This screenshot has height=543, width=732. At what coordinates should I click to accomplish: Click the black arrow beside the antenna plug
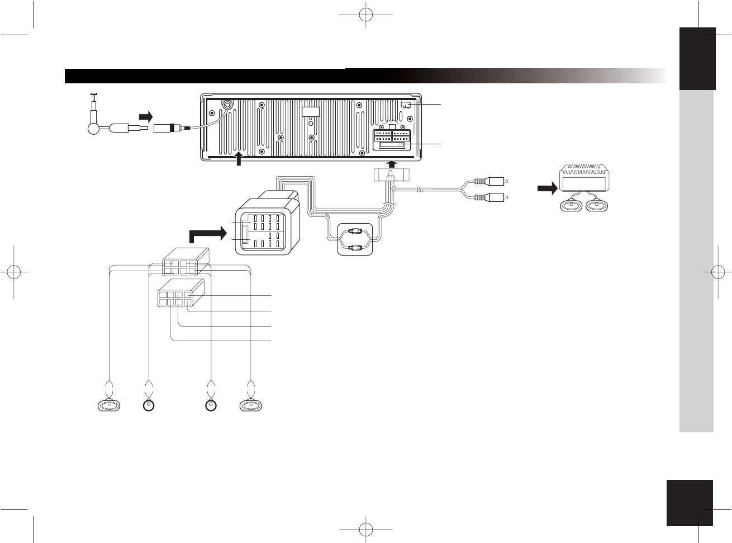click(145, 116)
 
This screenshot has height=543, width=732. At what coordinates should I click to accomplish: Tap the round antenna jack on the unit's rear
click(227, 105)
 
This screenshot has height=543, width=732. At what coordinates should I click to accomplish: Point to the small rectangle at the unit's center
click(311, 111)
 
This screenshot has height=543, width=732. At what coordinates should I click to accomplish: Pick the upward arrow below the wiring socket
click(392, 163)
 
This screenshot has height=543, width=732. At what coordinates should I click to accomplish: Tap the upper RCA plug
click(490, 181)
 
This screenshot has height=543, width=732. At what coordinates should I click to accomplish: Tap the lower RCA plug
click(490, 197)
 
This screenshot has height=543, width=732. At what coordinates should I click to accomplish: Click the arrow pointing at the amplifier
click(548, 189)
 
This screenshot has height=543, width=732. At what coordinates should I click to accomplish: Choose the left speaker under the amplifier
click(571, 205)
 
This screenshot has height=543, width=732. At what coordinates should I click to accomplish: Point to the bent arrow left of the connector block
click(207, 234)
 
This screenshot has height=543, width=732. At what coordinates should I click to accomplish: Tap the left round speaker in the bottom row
click(149, 405)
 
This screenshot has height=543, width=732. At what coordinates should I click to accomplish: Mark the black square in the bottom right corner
click(690, 503)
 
